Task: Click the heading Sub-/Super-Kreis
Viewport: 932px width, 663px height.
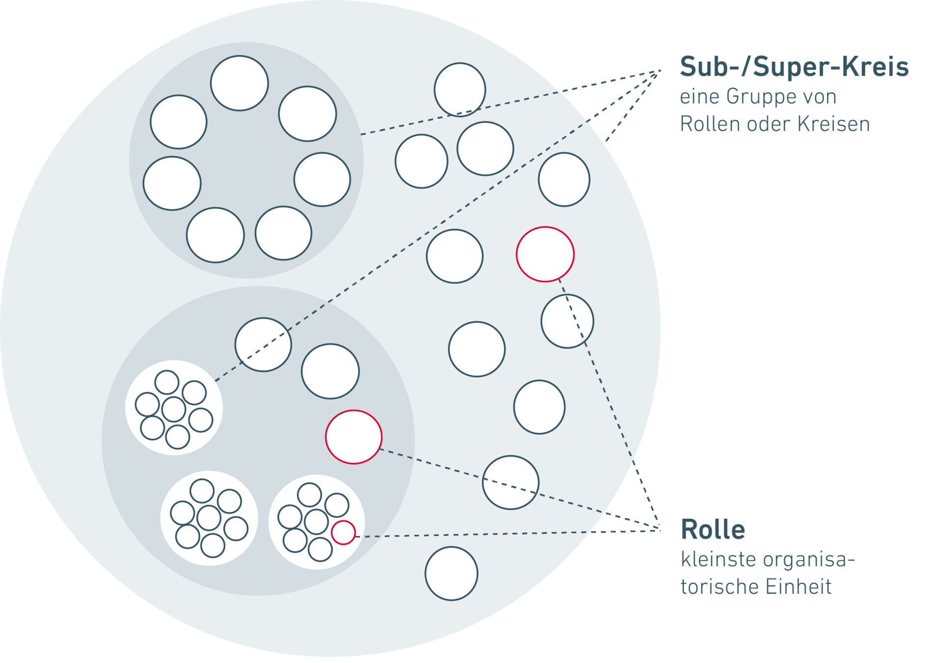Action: (794, 67)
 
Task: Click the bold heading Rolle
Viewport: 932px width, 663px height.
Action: (713, 530)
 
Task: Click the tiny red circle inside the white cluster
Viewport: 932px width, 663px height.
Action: (343, 532)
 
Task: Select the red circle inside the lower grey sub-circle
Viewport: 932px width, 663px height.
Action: (354, 436)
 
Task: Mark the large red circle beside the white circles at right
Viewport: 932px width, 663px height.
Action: (545, 254)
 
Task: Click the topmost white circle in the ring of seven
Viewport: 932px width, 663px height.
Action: (239, 83)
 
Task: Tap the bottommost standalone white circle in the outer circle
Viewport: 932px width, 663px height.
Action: (451, 573)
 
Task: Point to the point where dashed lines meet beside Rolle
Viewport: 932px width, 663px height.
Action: (658, 530)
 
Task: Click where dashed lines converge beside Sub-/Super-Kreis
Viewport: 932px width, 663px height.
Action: (658, 71)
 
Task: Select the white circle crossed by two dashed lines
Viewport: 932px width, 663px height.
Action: (511, 482)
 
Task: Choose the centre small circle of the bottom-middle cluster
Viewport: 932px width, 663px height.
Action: (208, 517)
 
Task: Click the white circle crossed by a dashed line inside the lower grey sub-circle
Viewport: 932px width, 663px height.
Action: (263, 344)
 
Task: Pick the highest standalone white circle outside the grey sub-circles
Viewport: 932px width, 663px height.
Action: (460, 89)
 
